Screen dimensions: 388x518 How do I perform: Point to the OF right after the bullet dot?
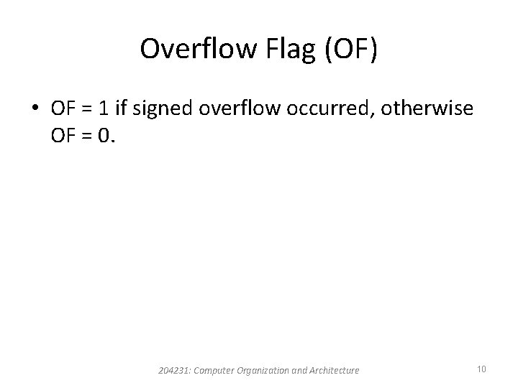pos(63,109)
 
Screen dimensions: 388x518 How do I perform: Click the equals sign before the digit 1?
pos(89,109)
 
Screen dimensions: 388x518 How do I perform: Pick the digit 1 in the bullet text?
pos(106,109)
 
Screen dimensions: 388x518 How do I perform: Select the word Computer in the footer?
pos(214,370)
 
